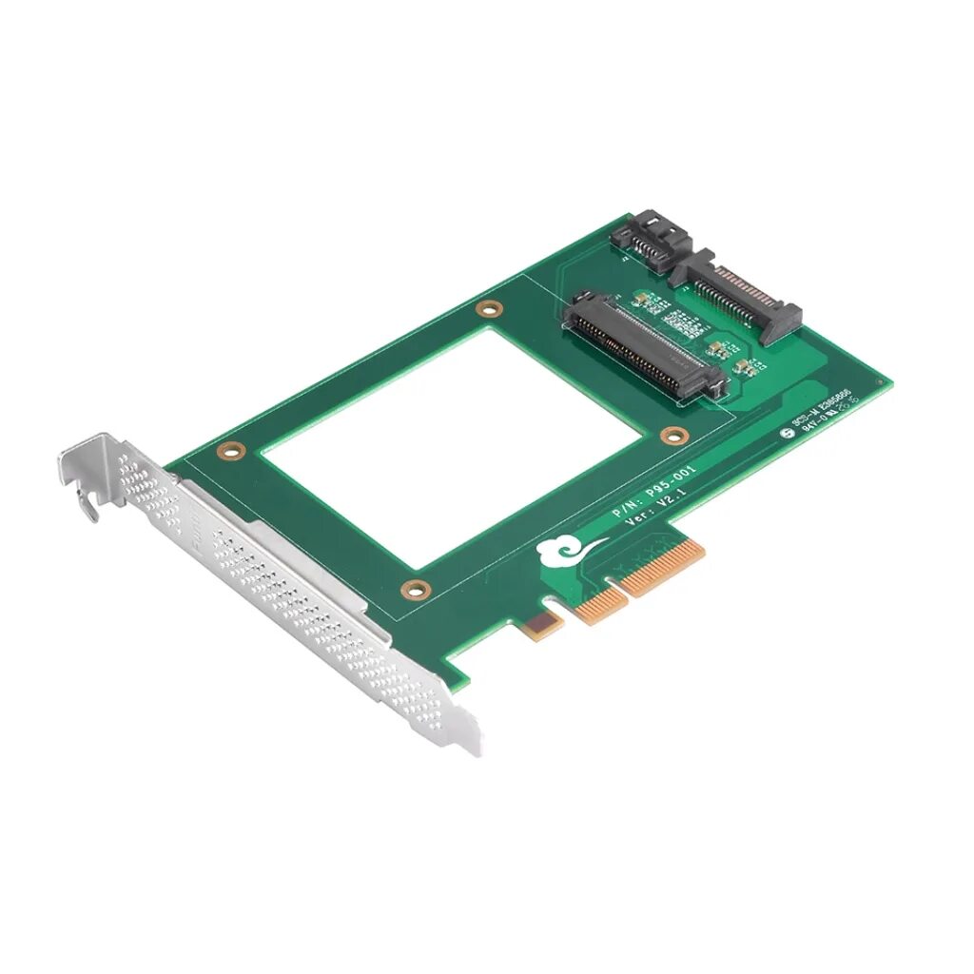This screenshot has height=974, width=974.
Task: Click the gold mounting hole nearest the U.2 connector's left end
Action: (x=489, y=309)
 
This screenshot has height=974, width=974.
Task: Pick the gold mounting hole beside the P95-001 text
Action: (x=674, y=437)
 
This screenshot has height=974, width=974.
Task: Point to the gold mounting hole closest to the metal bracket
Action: (x=227, y=450)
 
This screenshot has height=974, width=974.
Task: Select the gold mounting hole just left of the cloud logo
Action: (x=411, y=590)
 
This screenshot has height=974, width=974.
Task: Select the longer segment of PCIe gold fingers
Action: (x=661, y=572)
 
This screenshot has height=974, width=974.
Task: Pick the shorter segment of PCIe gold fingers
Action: (x=597, y=605)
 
